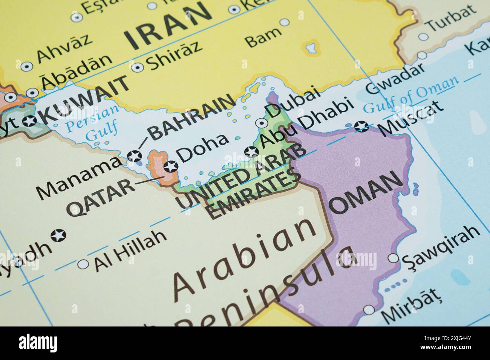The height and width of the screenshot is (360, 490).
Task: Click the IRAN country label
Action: point(167,26)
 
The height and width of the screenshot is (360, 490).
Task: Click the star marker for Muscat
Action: point(362,127)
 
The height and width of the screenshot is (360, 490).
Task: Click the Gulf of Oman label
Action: point(411,94)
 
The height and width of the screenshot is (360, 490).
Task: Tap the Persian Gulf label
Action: point(93,125)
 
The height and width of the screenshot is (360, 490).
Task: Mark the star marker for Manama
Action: point(134,156)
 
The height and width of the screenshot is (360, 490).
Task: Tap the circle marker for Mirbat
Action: point(369,310)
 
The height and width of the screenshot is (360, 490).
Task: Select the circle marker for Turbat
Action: point(424,37)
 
